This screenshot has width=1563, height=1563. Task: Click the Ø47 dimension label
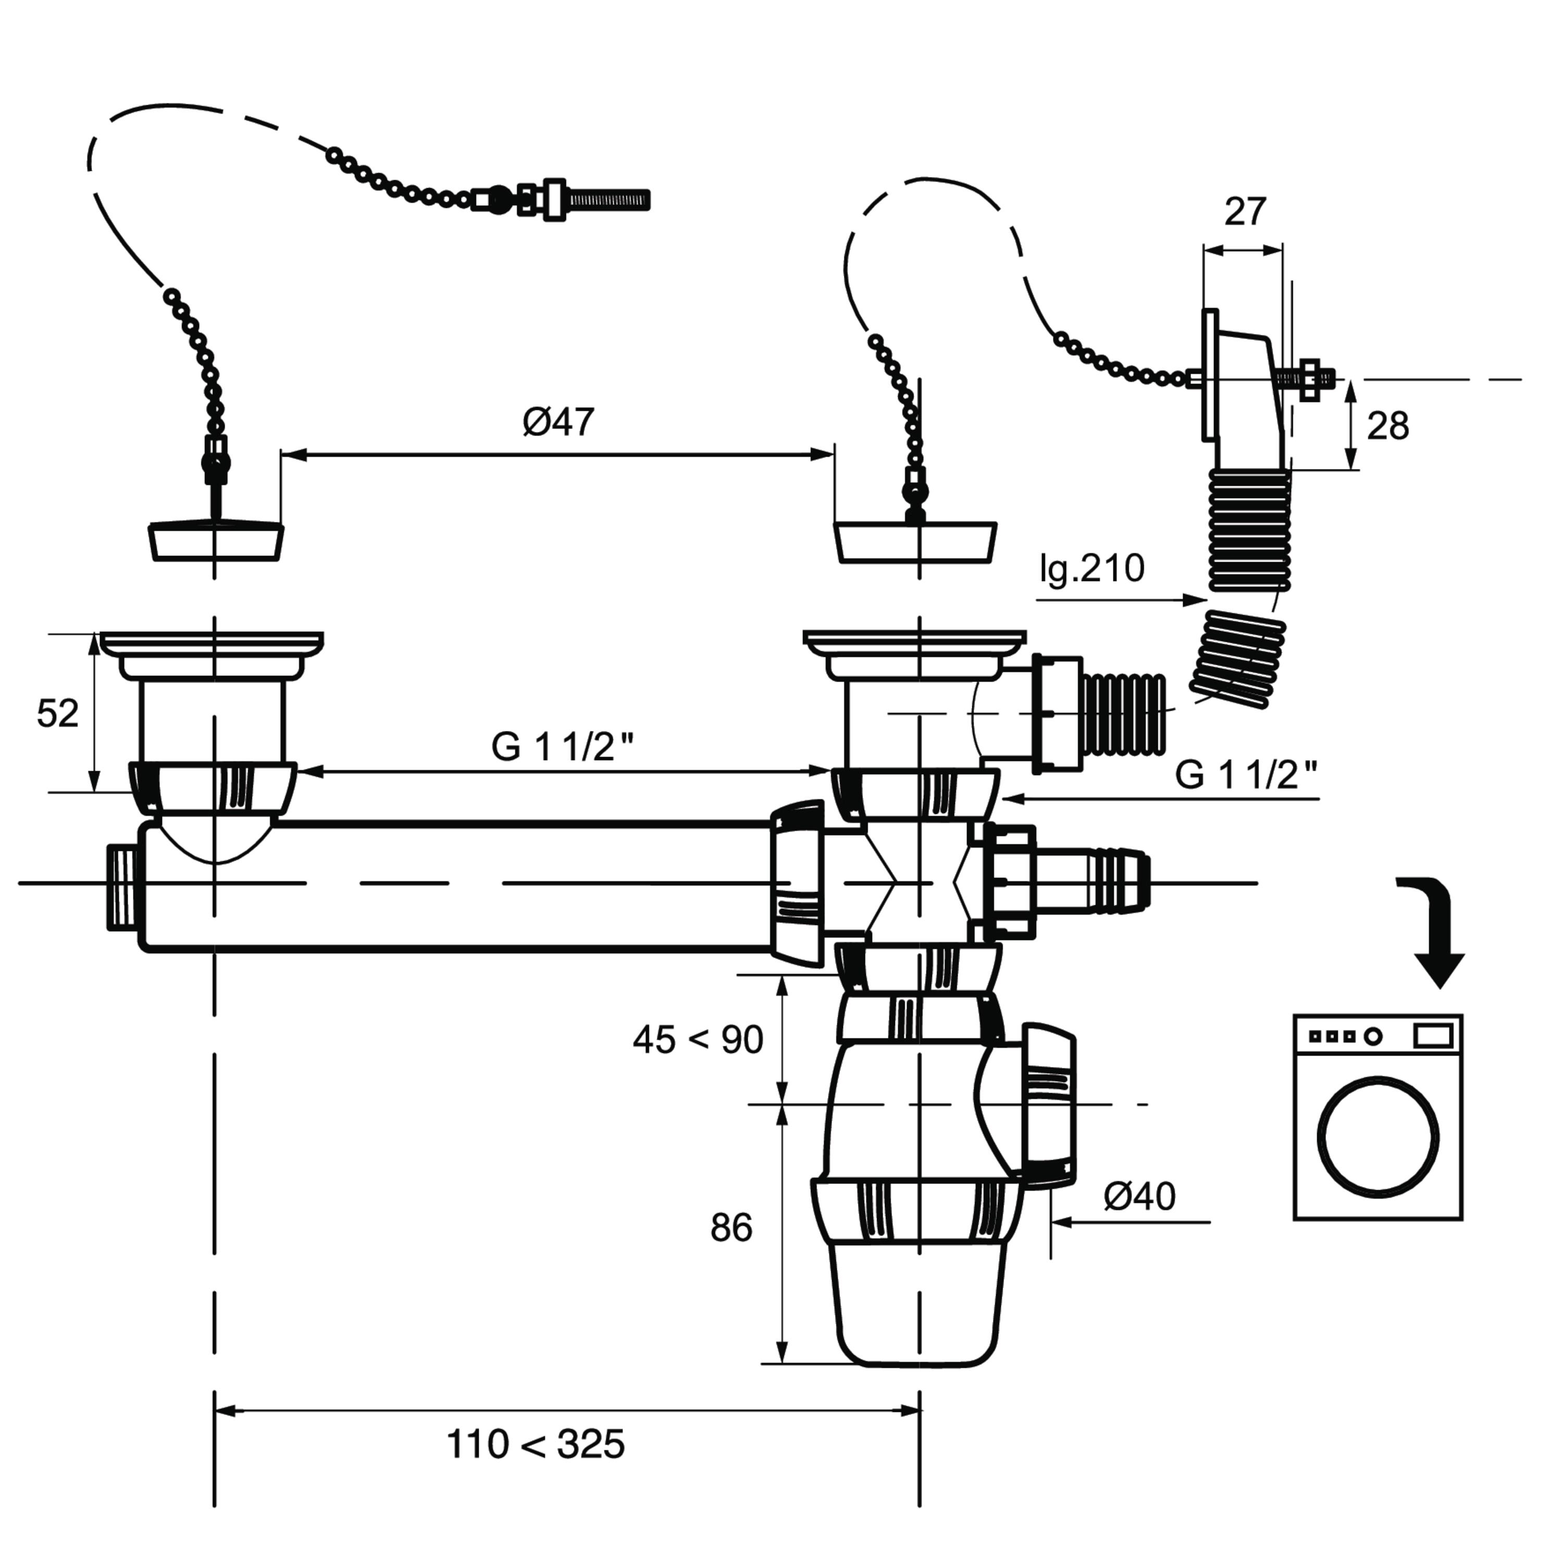[x=558, y=421]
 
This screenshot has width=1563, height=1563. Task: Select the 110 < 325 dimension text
[x=536, y=1444]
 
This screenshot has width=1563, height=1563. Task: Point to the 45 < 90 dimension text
[x=698, y=1039]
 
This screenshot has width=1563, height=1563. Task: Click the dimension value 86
[x=731, y=1228]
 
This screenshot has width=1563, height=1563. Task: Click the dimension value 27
[x=1244, y=212]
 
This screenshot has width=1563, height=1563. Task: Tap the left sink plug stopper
[x=215, y=541]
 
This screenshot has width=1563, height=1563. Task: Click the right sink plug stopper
[x=915, y=541]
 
